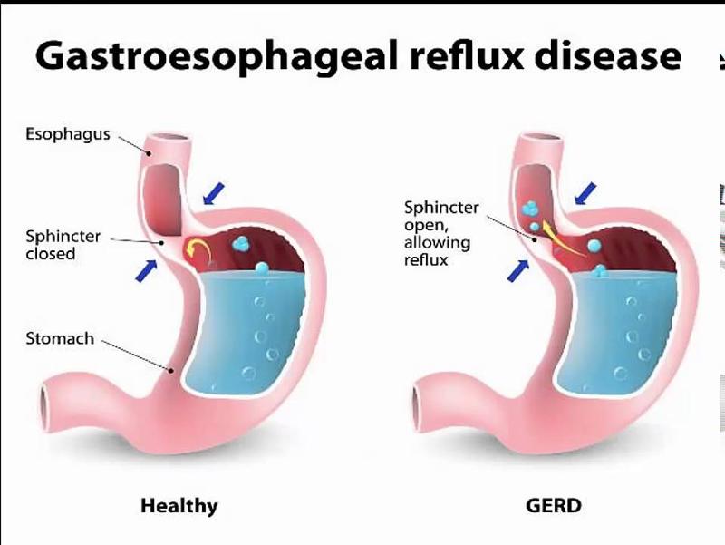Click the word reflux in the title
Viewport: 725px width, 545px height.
(467, 55)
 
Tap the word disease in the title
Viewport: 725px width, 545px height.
(608, 55)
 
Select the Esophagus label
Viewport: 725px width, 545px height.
(68, 134)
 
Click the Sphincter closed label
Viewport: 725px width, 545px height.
(63, 245)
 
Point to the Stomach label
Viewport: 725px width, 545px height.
(60, 338)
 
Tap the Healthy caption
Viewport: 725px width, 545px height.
(179, 506)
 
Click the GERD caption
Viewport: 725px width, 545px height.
(554, 505)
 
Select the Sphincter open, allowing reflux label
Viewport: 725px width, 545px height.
(441, 233)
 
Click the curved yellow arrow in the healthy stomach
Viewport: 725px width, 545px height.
(198, 250)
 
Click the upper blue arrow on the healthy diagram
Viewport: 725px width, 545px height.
(214, 193)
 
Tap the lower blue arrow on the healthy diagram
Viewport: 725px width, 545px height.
(146, 270)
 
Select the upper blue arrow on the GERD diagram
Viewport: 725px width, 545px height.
(585, 193)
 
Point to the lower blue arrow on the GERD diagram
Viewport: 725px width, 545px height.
(518, 270)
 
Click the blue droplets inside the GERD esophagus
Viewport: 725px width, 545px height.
(532, 215)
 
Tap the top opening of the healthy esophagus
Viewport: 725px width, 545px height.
(169, 138)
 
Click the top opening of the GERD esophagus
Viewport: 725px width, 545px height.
(540, 138)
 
